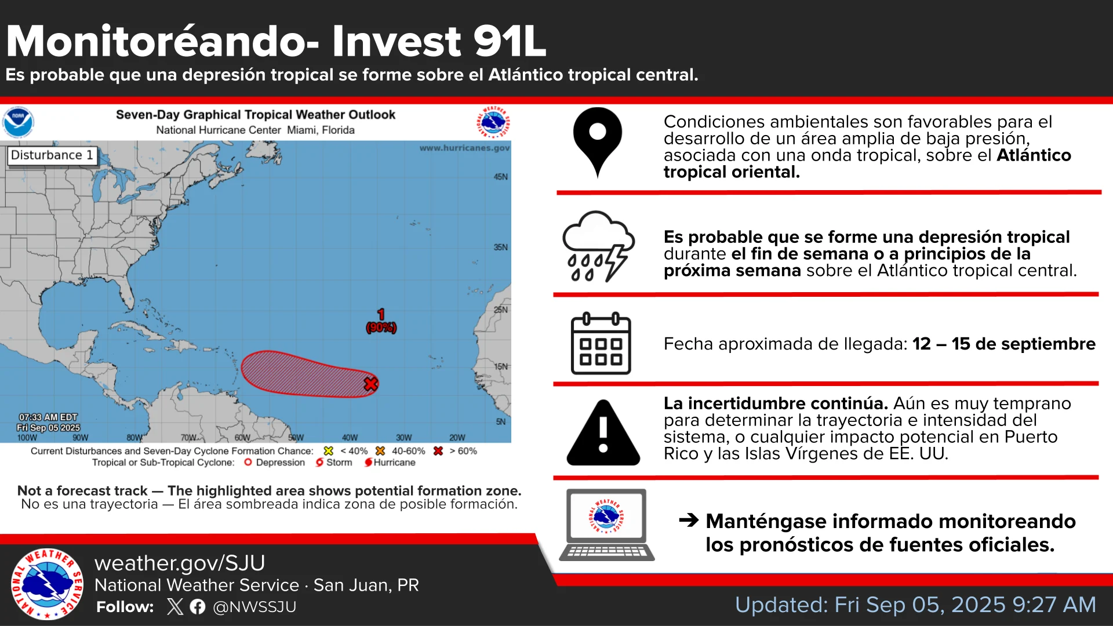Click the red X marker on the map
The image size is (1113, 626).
370,384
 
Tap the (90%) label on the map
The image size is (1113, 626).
381,328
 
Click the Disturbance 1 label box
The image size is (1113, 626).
52,155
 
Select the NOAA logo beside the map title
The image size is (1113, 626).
18,122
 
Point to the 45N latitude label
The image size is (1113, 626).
501,177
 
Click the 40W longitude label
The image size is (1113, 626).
350,438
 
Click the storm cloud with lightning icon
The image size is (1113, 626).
599,246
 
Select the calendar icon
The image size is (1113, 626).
601,344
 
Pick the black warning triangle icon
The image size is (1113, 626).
603,433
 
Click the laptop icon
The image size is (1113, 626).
607,525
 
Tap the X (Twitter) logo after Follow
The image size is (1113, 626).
175,607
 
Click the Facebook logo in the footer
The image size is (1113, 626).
198,607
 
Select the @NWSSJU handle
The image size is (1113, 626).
254,607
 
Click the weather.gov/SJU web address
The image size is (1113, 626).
180,563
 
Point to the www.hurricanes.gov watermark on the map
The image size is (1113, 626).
464,148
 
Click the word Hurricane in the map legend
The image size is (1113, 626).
394,463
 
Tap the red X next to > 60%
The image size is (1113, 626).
438,451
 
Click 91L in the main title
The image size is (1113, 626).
510,41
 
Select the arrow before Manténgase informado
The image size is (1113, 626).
689,520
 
